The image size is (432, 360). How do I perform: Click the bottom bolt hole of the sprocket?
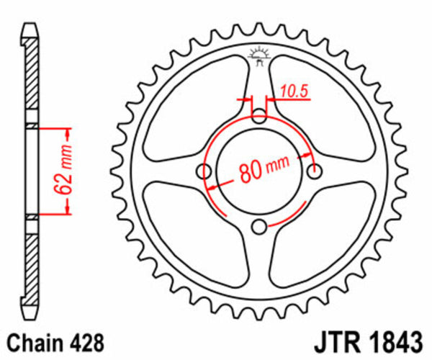pyautogui.click(x=259, y=228)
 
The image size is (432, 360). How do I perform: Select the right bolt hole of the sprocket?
pyautogui.click(x=315, y=171)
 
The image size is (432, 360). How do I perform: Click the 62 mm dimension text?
pyautogui.click(x=66, y=171)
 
